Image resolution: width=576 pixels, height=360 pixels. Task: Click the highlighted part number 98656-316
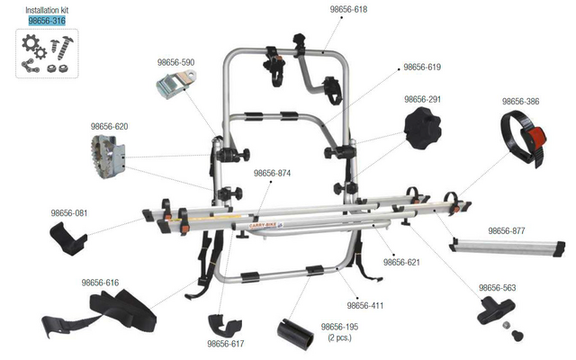coord(47,21)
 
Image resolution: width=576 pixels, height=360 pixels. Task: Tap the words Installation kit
coord(47,10)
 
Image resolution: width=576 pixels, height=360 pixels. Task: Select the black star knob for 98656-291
coord(422,128)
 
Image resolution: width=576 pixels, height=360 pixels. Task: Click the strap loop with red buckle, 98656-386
coord(524,138)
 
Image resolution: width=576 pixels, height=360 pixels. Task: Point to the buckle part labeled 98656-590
coord(175,85)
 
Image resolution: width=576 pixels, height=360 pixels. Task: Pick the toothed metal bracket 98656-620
coord(108,156)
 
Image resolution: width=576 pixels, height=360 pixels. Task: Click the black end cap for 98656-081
coord(68,238)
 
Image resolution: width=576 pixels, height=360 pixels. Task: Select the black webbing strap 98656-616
coord(101,312)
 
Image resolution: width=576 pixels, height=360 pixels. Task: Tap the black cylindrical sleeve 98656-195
coord(296,334)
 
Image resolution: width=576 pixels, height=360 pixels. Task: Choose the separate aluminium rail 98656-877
coord(507,247)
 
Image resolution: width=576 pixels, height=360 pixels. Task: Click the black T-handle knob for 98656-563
coord(496,310)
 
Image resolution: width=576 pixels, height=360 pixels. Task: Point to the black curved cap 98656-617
coord(225,325)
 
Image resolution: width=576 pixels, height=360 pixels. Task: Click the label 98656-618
coord(348,9)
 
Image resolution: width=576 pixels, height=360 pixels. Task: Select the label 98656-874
coord(272,173)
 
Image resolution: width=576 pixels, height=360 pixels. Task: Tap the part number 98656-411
coord(365,305)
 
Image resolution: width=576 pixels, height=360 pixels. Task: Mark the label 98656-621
coord(401,262)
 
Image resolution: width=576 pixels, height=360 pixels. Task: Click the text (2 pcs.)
coord(340,337)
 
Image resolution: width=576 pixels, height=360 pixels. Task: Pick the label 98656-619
coord(422,67)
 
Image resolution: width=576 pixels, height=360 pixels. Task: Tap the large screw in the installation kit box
coord(66,48)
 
